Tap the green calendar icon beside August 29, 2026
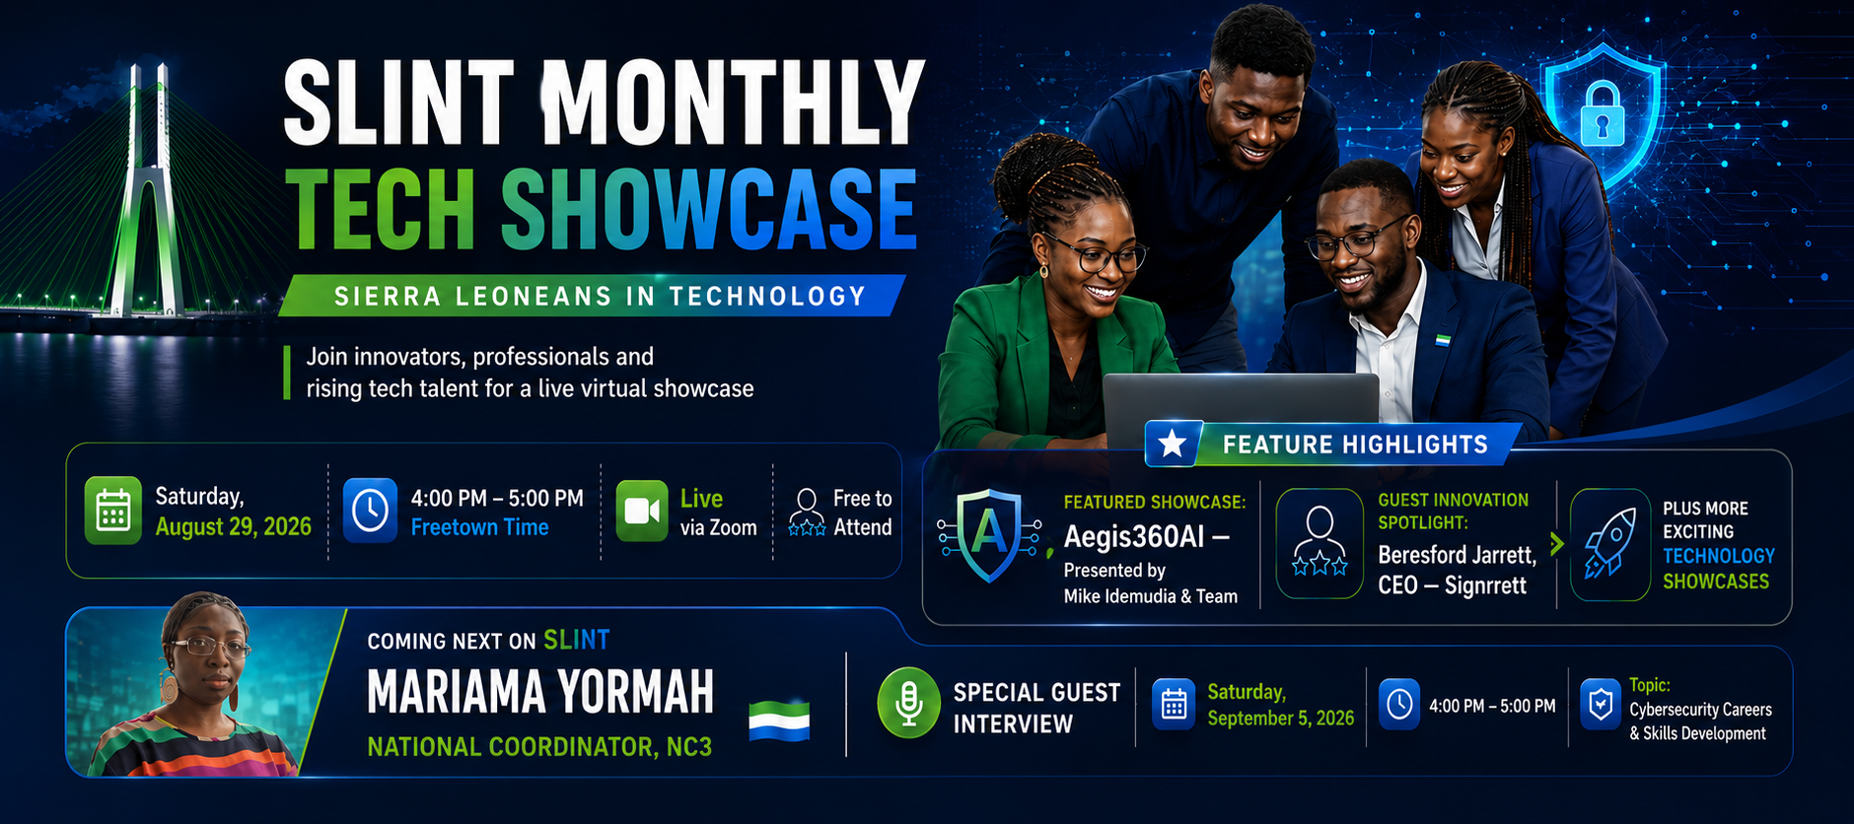tap(113, 511)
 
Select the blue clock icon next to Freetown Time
tap(370, 511)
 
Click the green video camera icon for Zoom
tap(642, 511)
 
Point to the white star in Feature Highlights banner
tap(1173, 444)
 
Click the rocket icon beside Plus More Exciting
tap(1610, 543)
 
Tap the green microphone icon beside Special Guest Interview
tap(908, 704)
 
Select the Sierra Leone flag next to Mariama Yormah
tap(779, 720)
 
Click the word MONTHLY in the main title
tap(733, 103)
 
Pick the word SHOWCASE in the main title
tap(709, 208)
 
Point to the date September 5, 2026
tap(1281, 718)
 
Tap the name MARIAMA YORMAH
tap(540, 691)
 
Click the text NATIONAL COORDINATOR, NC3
tap(539, 747)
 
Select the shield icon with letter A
tap(990, 535)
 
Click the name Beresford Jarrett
tap(1457, 555)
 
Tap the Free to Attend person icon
tap(807, 512)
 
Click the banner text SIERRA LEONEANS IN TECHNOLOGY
tap(600, 296)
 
